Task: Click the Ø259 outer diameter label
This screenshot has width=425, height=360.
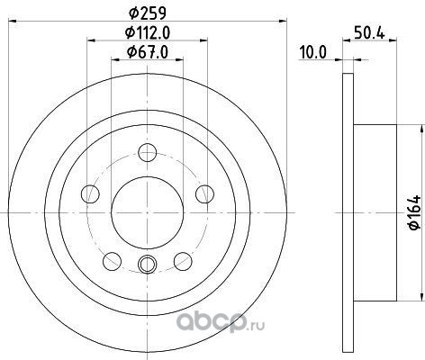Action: coord(148,13)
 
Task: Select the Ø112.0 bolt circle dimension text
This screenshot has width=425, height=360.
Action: coord(148,32)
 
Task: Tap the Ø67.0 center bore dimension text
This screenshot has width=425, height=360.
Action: coord(148,52)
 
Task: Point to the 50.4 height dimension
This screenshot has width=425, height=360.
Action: coord(369,32)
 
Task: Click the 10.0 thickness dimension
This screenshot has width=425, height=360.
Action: coord(312,53)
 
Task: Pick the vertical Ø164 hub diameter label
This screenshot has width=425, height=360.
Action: coord(415,212)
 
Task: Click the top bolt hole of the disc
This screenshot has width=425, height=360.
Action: coord(148,152)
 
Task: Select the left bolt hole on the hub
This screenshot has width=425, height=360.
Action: coord(90,193)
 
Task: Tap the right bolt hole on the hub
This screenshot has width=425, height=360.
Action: coord(204,193)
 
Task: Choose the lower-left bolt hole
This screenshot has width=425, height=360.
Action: coord(112,261)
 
